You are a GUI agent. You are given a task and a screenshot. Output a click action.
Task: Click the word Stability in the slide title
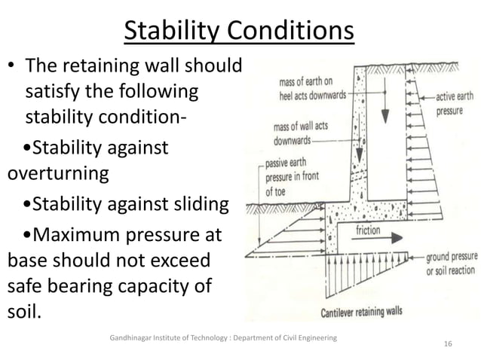173,32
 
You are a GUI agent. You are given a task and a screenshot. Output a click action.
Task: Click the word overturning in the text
57,173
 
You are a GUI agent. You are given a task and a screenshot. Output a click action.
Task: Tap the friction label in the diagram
368,230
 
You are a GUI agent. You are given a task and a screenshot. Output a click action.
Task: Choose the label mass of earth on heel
302,87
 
